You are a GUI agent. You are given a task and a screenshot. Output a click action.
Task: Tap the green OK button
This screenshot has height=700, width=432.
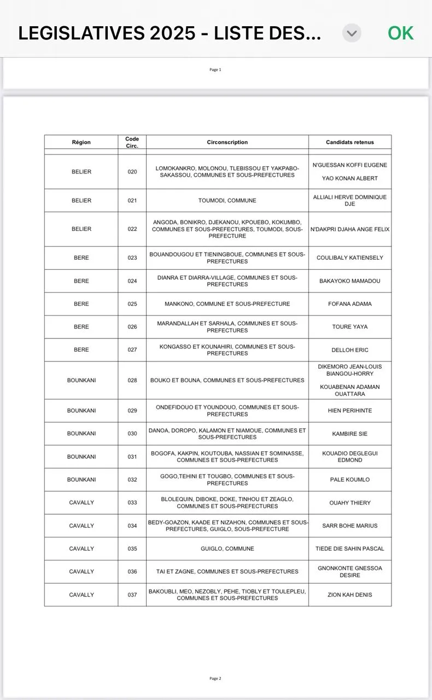click(x=400, y=33)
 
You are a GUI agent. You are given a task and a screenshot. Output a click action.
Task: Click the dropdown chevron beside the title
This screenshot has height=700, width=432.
click(x=352, y=33)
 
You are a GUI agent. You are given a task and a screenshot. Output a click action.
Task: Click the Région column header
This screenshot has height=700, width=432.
click(x=81, y=142)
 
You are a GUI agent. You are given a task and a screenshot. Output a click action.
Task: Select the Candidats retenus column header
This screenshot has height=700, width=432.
click(x=350, y=142)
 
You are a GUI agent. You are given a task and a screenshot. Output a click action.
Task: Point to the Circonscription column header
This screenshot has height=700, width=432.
click(x=227, y=142)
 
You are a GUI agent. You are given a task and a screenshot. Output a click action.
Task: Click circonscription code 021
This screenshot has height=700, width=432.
click(x=132, y=201)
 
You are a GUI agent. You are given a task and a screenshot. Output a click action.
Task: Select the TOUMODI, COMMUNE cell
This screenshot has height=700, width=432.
click(x=227, y=201)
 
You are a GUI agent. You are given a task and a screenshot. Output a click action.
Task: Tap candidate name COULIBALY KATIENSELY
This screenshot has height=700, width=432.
click(x=350, y=258)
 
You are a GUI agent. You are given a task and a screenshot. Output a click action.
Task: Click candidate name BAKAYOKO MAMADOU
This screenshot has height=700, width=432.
click(x=350, y=281)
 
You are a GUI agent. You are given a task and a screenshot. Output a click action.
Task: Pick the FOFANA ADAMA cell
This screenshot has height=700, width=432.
click(x=350, y=304)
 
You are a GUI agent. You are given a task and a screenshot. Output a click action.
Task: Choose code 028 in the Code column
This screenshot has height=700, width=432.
click(x=132, y=380)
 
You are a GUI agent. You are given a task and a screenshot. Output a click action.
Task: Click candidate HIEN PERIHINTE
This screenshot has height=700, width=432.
click(x=350, y=411)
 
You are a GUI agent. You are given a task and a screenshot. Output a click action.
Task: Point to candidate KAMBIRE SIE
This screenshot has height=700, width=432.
click(x=350, y=434)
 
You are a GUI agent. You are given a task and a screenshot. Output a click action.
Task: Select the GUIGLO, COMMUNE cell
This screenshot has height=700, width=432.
click(x=227, y=549)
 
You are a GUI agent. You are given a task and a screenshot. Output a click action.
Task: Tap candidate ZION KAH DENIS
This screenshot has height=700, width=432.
click(x=350, y=594)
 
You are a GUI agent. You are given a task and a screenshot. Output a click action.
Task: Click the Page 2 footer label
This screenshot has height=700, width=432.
click(x=215, y=679)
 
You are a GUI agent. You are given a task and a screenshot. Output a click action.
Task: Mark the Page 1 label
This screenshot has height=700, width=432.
click(x=215, y=69)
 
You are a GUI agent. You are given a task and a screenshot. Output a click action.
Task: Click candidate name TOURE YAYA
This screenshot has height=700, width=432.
click(x=350, y=327)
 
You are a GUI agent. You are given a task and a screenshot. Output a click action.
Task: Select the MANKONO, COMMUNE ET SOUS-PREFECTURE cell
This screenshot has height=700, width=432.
click(x=227, y=304)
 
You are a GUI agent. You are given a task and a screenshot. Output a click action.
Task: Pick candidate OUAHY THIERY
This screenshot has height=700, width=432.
click(x=350, y=503)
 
